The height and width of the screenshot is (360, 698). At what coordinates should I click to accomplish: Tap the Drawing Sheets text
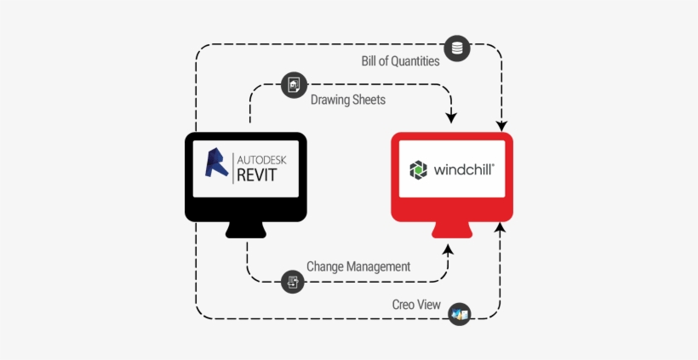tap(347, 100)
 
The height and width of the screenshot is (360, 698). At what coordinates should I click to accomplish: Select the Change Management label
tap(358, 266)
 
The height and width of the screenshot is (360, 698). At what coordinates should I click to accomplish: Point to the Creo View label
tap(416, 305)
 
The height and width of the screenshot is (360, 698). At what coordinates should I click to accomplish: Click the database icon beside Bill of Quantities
tap(457, 49)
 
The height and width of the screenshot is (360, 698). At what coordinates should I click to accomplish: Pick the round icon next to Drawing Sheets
tap(294, 84)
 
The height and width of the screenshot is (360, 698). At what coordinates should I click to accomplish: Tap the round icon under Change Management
tap(294, 281)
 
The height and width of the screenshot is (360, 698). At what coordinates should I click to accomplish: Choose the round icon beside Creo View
tap(460, 314)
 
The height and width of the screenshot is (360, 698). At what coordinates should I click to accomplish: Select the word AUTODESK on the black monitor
tap(263, 158)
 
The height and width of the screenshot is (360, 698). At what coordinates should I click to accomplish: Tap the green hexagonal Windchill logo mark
tap(420, 169)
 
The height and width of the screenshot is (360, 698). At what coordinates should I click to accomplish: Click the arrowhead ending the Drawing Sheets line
tap(451, 117)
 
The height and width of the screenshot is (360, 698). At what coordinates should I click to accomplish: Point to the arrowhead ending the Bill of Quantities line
tap(501, 123)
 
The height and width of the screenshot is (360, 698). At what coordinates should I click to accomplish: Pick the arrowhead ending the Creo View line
tap(501, 229)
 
